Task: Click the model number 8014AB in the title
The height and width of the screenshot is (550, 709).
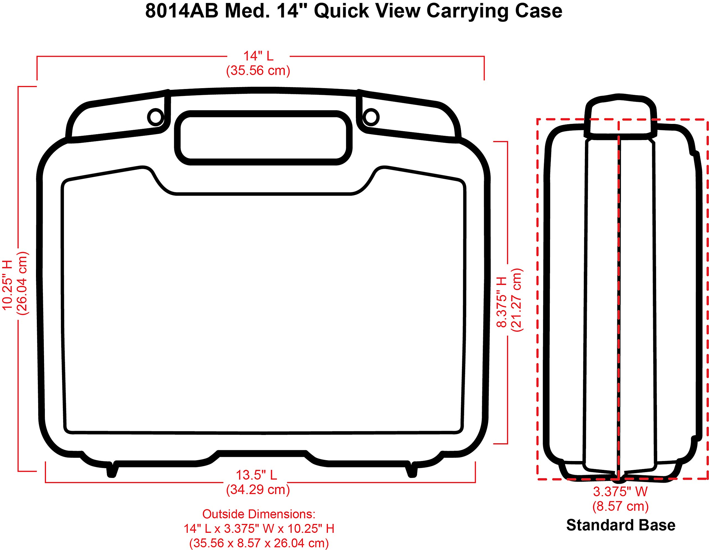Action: point(181,11)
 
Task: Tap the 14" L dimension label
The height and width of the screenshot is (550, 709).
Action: point(258,56)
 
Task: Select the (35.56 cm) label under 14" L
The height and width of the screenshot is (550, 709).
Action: point(258,70)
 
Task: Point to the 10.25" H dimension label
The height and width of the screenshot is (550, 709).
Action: point(8,285)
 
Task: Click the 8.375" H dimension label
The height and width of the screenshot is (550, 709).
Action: point(502,302)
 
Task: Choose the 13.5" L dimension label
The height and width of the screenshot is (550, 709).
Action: point(256,475)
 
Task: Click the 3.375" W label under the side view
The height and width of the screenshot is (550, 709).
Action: point(620,492)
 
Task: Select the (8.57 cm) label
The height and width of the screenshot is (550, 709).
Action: point(620,506)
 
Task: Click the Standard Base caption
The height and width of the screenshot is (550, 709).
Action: point(621,525)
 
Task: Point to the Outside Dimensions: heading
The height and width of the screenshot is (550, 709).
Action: point(259,514)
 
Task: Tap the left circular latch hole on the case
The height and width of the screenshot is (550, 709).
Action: point(155,117)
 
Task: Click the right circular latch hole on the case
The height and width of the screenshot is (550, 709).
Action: point(371,117)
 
